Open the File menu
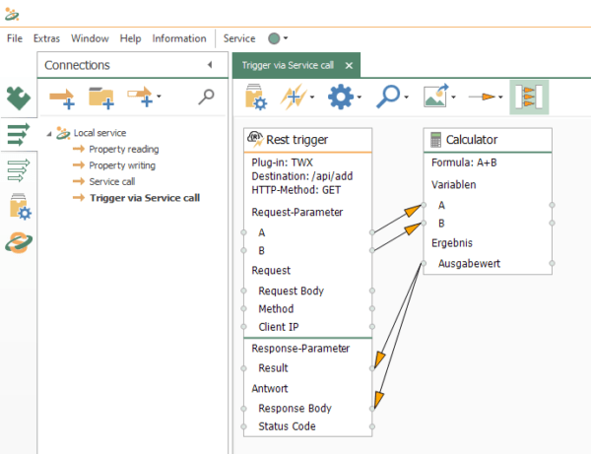[15, 38]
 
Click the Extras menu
[46, 38]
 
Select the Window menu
[90, 38]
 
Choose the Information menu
[179, 38]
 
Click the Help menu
[130, 38]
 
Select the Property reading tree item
[123, 149]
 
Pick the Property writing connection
[122, 165]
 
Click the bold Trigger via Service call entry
[144, 198]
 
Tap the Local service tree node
[99, 132]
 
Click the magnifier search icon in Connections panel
[206, 97]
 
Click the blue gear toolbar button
[341, 97]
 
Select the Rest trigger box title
[297, 140]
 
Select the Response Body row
[295, 408]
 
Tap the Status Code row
[288, 426]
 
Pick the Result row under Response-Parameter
[273, 367]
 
